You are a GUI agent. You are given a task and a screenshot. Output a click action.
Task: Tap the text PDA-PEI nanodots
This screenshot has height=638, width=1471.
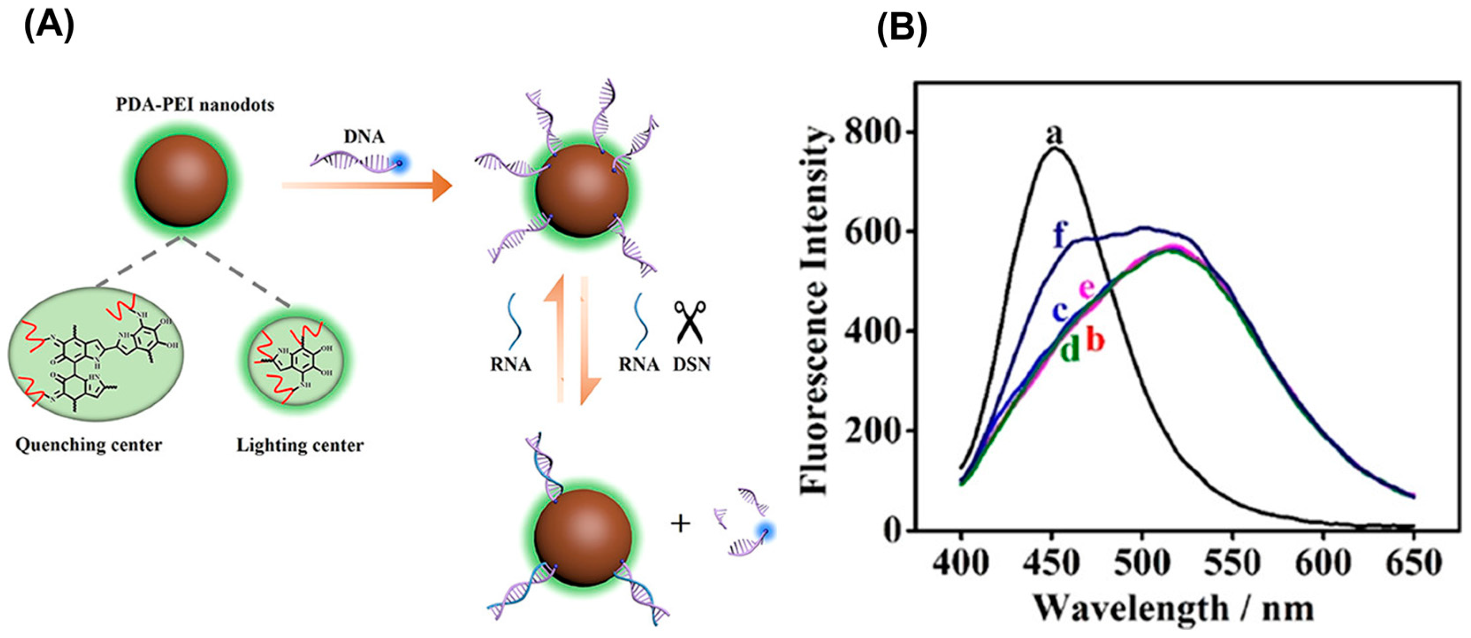pyautogui.click(x=195, y=105)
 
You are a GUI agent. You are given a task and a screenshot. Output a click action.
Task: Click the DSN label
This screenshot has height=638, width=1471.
pyautogui.click(x=692, y=364)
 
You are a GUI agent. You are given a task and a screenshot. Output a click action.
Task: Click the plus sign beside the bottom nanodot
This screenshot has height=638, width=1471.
pyautogui.click(x=680, y=523)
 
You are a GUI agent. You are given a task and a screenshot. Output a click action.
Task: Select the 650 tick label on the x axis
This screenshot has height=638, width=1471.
pyautogui.click(x=1413, y=564)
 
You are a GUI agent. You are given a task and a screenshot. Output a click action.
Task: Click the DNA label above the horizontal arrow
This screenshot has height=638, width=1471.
pyautogui.click(x=364, y=137)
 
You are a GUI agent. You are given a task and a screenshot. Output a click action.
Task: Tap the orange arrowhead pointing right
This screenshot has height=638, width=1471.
pyautogui.click(x=441, y=186)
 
